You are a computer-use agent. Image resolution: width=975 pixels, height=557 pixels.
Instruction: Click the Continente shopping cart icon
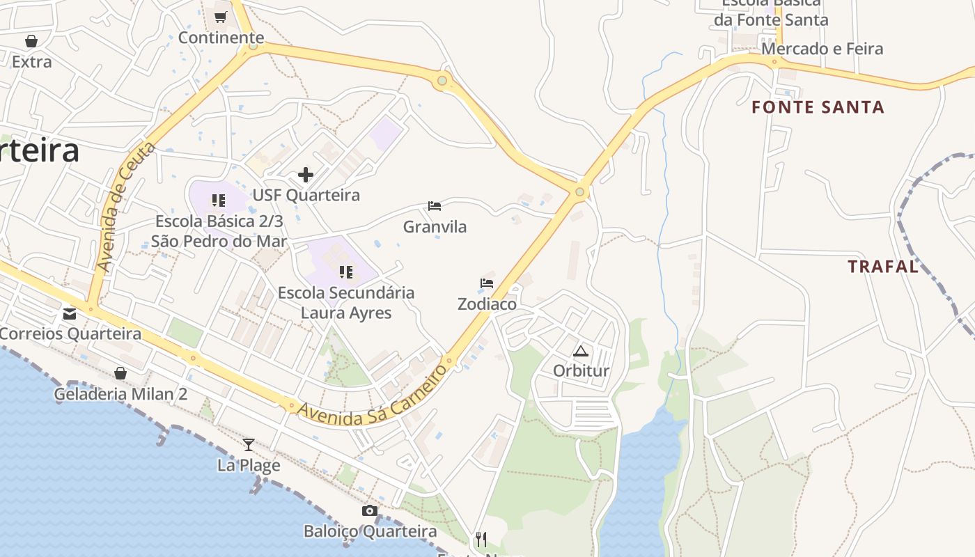pyautogui.click(x=221, y=17)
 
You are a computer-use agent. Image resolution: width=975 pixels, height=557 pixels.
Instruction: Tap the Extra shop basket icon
pyautogui.click(x=31, y=42)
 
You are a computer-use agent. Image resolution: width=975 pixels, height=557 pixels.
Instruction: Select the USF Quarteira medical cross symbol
pyautogui.click(x=305, y=175)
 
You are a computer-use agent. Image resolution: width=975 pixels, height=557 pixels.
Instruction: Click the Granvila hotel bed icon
pyautogui.click(x=435, y=206)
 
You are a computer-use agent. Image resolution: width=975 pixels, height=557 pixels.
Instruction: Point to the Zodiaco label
pyautogui.click(x=487, y=304)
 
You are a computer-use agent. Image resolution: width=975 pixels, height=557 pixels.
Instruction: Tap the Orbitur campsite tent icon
pyautogui.click(x=581, y=351)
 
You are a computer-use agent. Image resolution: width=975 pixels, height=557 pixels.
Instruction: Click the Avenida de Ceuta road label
pyautogui.click(x=125, y=207)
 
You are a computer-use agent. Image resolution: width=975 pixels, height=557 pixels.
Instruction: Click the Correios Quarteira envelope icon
pyautogui.click(x=70, y=314)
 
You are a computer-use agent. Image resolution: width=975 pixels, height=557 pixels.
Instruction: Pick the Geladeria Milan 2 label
pyautogui.click(x=121, y=394)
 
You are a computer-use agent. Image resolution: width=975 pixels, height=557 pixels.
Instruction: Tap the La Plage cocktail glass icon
pyautogui.click(x=249, y=445)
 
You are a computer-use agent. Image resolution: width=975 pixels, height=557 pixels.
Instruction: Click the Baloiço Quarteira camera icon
pyautogui.click(x=370, y=511)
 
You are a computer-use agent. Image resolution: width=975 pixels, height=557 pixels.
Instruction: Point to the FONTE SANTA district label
pyautogui.click(x=818, y=107)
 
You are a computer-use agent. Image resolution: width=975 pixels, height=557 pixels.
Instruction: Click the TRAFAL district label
pyautogui.click(x=882, y=266)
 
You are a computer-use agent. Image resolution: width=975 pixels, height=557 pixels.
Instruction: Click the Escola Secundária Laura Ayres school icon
pyautogui.click(x=345, y=272)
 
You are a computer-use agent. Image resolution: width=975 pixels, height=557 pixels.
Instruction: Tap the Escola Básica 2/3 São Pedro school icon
pyautogui.click(x=219, y=201)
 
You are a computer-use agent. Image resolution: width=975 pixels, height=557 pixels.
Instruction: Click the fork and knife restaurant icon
pyautogui.click(x=481, y=539)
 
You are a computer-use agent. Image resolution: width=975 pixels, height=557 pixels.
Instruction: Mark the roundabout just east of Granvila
pyautogui.click(x=579, y=192)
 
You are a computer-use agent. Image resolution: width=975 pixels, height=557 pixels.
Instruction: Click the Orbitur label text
pyautogui.click(x=581, y=371)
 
